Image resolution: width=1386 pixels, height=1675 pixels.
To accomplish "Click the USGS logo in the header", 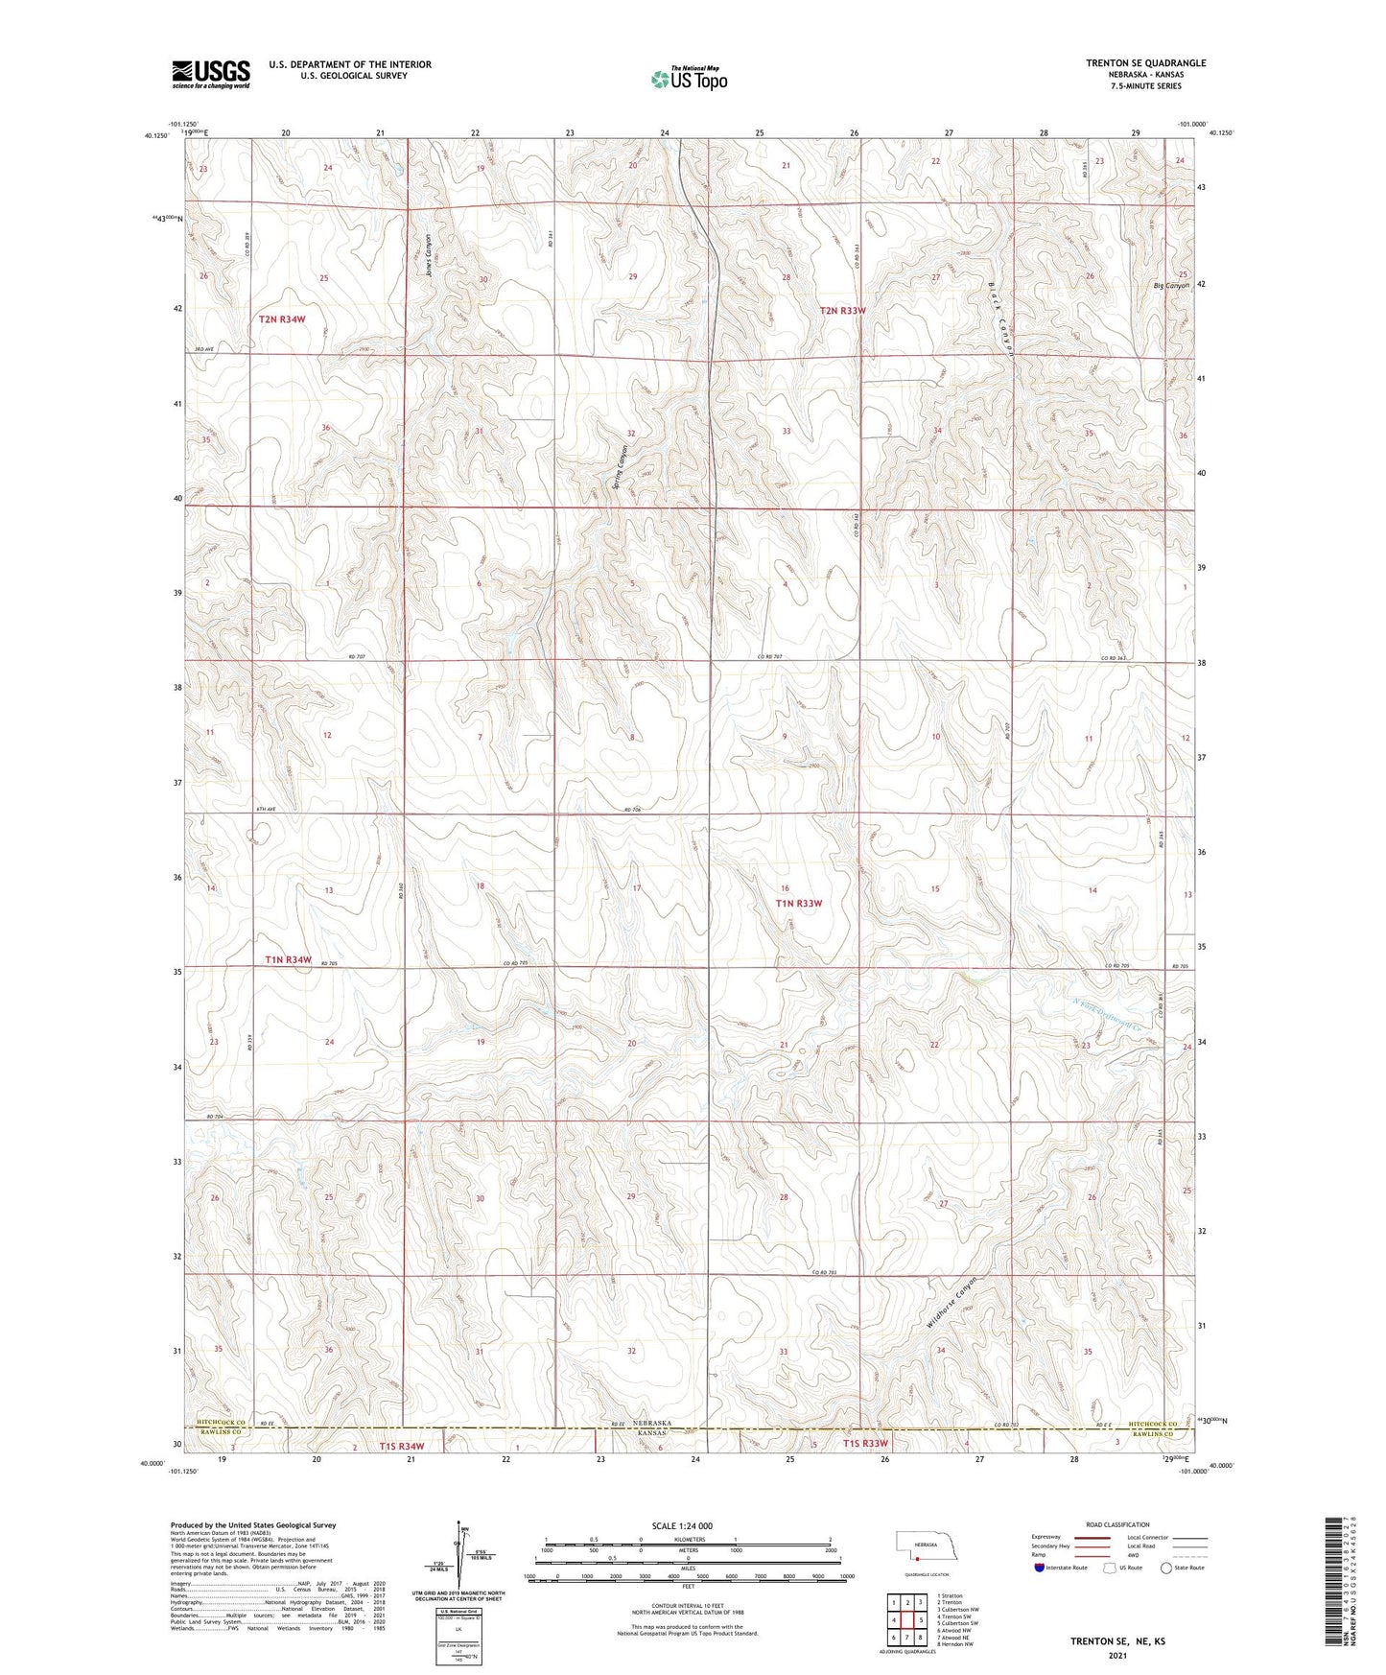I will click(211, 73).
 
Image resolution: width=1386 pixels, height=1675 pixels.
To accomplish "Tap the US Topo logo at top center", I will click(689, 78).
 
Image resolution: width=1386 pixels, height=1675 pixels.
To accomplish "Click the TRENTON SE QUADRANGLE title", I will click(1145, 63).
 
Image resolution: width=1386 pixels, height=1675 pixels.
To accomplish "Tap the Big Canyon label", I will click(1171, 286).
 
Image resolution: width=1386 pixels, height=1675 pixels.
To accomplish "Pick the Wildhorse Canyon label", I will click(952, 1302).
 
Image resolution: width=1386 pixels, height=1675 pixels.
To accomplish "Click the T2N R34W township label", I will click(282, 318).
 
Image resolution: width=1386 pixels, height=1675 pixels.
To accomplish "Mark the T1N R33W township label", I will click(799, 903).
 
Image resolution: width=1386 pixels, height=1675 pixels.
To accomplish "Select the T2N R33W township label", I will click(843, 311).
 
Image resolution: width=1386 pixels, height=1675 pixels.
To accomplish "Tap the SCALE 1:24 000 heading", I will click(682, 1525).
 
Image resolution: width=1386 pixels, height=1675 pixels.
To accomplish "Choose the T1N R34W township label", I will click(289, 959).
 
